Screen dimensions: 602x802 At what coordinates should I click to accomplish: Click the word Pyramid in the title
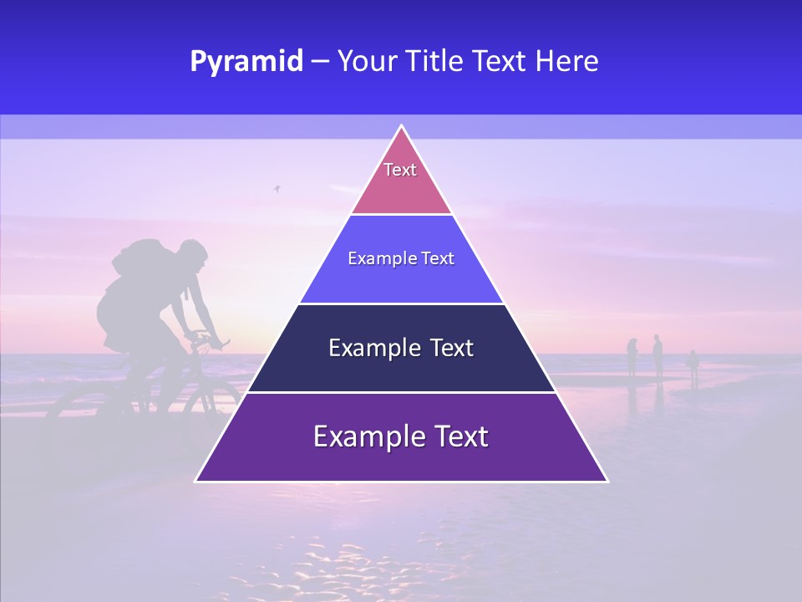[246, 61]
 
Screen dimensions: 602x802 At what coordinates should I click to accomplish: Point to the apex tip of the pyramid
[402, 127]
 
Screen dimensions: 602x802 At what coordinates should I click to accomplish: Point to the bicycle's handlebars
[207, 338]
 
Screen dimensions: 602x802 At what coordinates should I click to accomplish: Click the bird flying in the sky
[277, 190]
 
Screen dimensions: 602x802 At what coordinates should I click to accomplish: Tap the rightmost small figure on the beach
[693, 365]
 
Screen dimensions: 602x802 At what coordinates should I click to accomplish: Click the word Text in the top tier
[400, 170]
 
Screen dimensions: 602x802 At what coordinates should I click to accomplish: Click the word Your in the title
[366, 61]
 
